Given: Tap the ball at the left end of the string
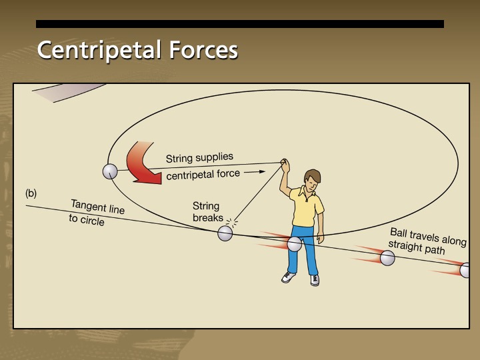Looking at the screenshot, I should pos(110,171).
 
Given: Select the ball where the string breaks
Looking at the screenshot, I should pos(225,233).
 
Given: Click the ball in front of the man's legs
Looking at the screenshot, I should pos(295,244).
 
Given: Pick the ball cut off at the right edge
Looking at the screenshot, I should pos(465,270).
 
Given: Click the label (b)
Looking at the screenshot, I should pos(31,193).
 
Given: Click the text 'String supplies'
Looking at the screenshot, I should pos(199,158).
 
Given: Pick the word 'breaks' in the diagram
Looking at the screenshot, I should pos(208,218).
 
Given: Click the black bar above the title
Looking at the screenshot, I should pos(240,24).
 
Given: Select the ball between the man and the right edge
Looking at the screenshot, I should pos(387,258).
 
